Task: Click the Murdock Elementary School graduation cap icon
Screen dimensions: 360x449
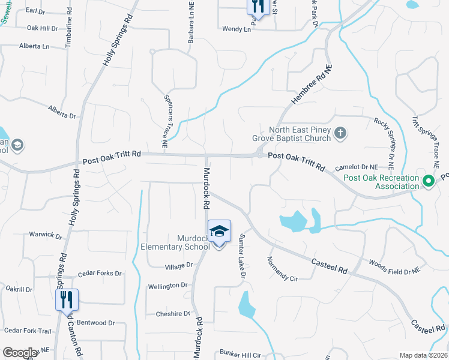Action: (x=219, y=230)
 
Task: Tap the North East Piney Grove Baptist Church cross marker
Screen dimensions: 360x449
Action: (x=340, y=133)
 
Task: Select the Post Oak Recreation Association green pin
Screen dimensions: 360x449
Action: (x=428, y=181)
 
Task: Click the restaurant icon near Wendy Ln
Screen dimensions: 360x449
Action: (x=257, y=6)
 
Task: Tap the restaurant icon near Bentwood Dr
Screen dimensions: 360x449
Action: (x=67, y=299)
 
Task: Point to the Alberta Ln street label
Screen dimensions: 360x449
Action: (x=34, y=46)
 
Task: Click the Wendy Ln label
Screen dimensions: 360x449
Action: (x=237, y=29)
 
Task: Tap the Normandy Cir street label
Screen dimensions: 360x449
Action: (x=282, y=268)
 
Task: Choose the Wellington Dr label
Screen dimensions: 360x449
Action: (x=172, y=286)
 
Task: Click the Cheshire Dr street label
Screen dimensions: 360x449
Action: (x=173, y=314)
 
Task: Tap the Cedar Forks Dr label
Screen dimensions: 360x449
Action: (x=100, y=274)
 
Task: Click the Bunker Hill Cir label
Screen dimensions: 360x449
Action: (x=241, y=355)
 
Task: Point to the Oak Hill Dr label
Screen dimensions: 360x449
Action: (x=43, y=28)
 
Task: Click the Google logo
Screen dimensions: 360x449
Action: (x=20, y=353)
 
